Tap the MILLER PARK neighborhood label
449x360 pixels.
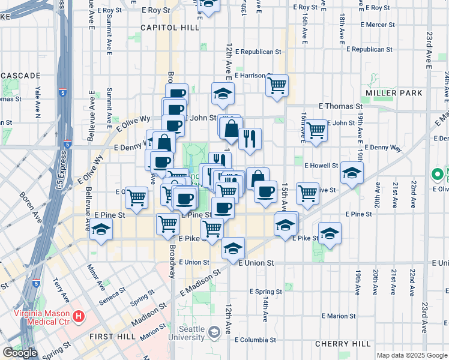pyautogui.click(x=394, y=93)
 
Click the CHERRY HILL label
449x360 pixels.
pyautogui.click(x=343, y=344)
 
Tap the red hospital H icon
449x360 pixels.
pyautogui.click(x=78, y=316)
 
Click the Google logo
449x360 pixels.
pyautogui.click(x=20, y=353)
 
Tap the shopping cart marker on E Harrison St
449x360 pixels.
pyautogui.click(x=277, y=86)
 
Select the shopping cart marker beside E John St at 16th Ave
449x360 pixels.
pyautogui.click(x=316, y=130)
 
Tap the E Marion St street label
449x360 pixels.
pyautogui.click(x=339, y=316)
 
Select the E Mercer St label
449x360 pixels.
pyautogui.click(x=368, y=25)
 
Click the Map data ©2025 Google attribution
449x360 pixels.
pyautogui.click(x=411, y=355)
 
